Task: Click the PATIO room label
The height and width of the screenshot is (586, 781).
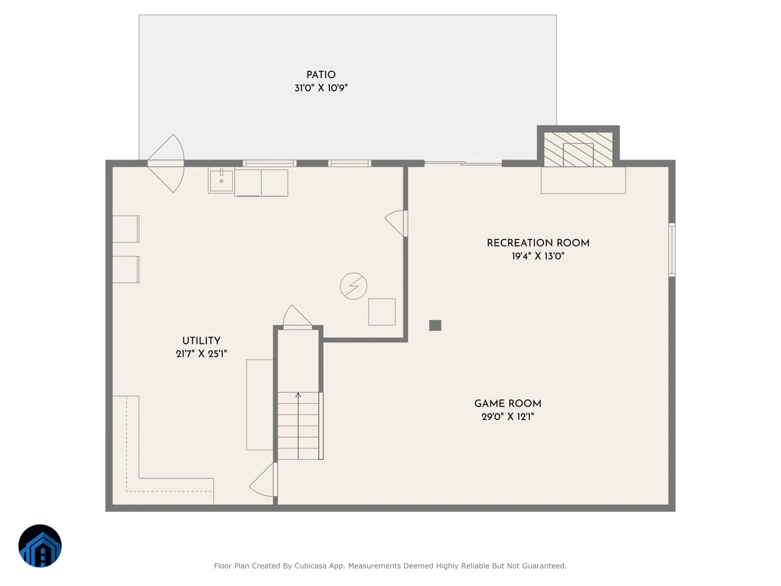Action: (x=321, y=75)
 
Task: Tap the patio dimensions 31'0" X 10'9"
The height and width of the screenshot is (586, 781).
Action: (x=321, y=88)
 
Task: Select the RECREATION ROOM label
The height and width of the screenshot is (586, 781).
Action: (x=538, y=243)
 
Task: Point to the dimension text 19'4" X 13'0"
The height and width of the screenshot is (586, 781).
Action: (x=538, y=256)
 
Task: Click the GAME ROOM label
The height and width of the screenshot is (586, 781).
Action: (x=508, y=404)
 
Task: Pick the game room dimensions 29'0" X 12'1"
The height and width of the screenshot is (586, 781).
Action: (x=508, y=417)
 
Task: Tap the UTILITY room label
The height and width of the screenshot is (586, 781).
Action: (x=201, y=341)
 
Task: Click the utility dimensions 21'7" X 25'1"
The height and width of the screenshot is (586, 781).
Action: (x=201, y=354)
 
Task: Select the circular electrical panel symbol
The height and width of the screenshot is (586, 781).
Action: (x=353, y=286)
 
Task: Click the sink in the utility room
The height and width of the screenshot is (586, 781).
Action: (x=221, y=181)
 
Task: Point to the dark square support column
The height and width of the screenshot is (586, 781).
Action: (x=435, y=325)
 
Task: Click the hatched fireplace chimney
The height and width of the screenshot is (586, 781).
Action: (x=578, y=150)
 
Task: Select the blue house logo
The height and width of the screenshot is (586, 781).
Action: (x=40, y=546)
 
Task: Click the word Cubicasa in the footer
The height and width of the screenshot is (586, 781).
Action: (x=310, y=566)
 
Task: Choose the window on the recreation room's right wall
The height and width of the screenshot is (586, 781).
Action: (x=672, y=250)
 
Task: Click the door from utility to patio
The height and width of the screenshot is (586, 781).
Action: (x=166, y=163)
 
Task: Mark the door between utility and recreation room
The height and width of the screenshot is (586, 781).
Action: (x=397, y=223)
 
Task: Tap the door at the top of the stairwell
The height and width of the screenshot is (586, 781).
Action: (x=297, y=317)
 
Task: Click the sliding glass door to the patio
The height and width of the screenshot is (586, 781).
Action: (x=463, y=163)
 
